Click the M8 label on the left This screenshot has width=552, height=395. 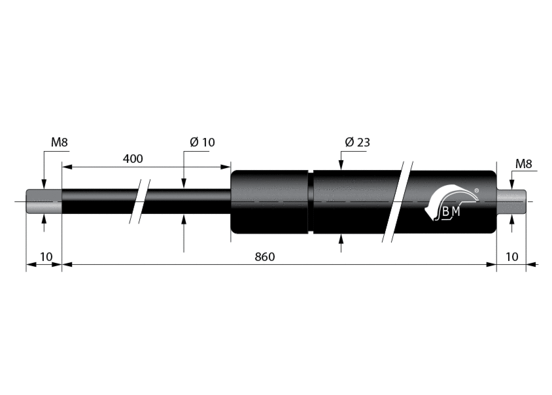59,142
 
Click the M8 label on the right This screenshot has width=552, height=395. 523,163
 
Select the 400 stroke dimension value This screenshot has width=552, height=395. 133,158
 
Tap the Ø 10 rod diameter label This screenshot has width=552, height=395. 202,142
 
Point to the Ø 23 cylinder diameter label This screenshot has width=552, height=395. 358,142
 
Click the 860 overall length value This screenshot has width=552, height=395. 265,256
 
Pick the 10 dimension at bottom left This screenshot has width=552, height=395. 46,256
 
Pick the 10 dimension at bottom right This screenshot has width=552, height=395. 511,256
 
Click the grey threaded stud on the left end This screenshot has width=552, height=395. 44,201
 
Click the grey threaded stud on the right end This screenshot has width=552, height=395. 511,201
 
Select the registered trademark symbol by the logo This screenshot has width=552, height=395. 477,190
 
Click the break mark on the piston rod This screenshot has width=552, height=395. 140,201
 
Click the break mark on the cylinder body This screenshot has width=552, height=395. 398,201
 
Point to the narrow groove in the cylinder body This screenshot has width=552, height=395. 311,201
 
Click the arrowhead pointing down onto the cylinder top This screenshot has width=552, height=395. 341,165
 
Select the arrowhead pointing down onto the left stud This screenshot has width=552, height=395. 44,184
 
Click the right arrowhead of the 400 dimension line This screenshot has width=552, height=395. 226,167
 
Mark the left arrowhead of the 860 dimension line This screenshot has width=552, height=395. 67,264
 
